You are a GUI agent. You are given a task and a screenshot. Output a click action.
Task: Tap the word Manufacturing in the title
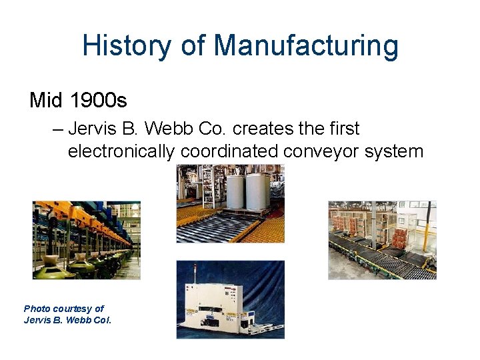306,47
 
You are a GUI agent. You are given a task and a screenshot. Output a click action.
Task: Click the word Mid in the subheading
46,101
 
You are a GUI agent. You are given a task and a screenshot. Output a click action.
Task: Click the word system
394,151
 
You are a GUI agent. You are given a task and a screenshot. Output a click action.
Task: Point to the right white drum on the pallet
257,191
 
